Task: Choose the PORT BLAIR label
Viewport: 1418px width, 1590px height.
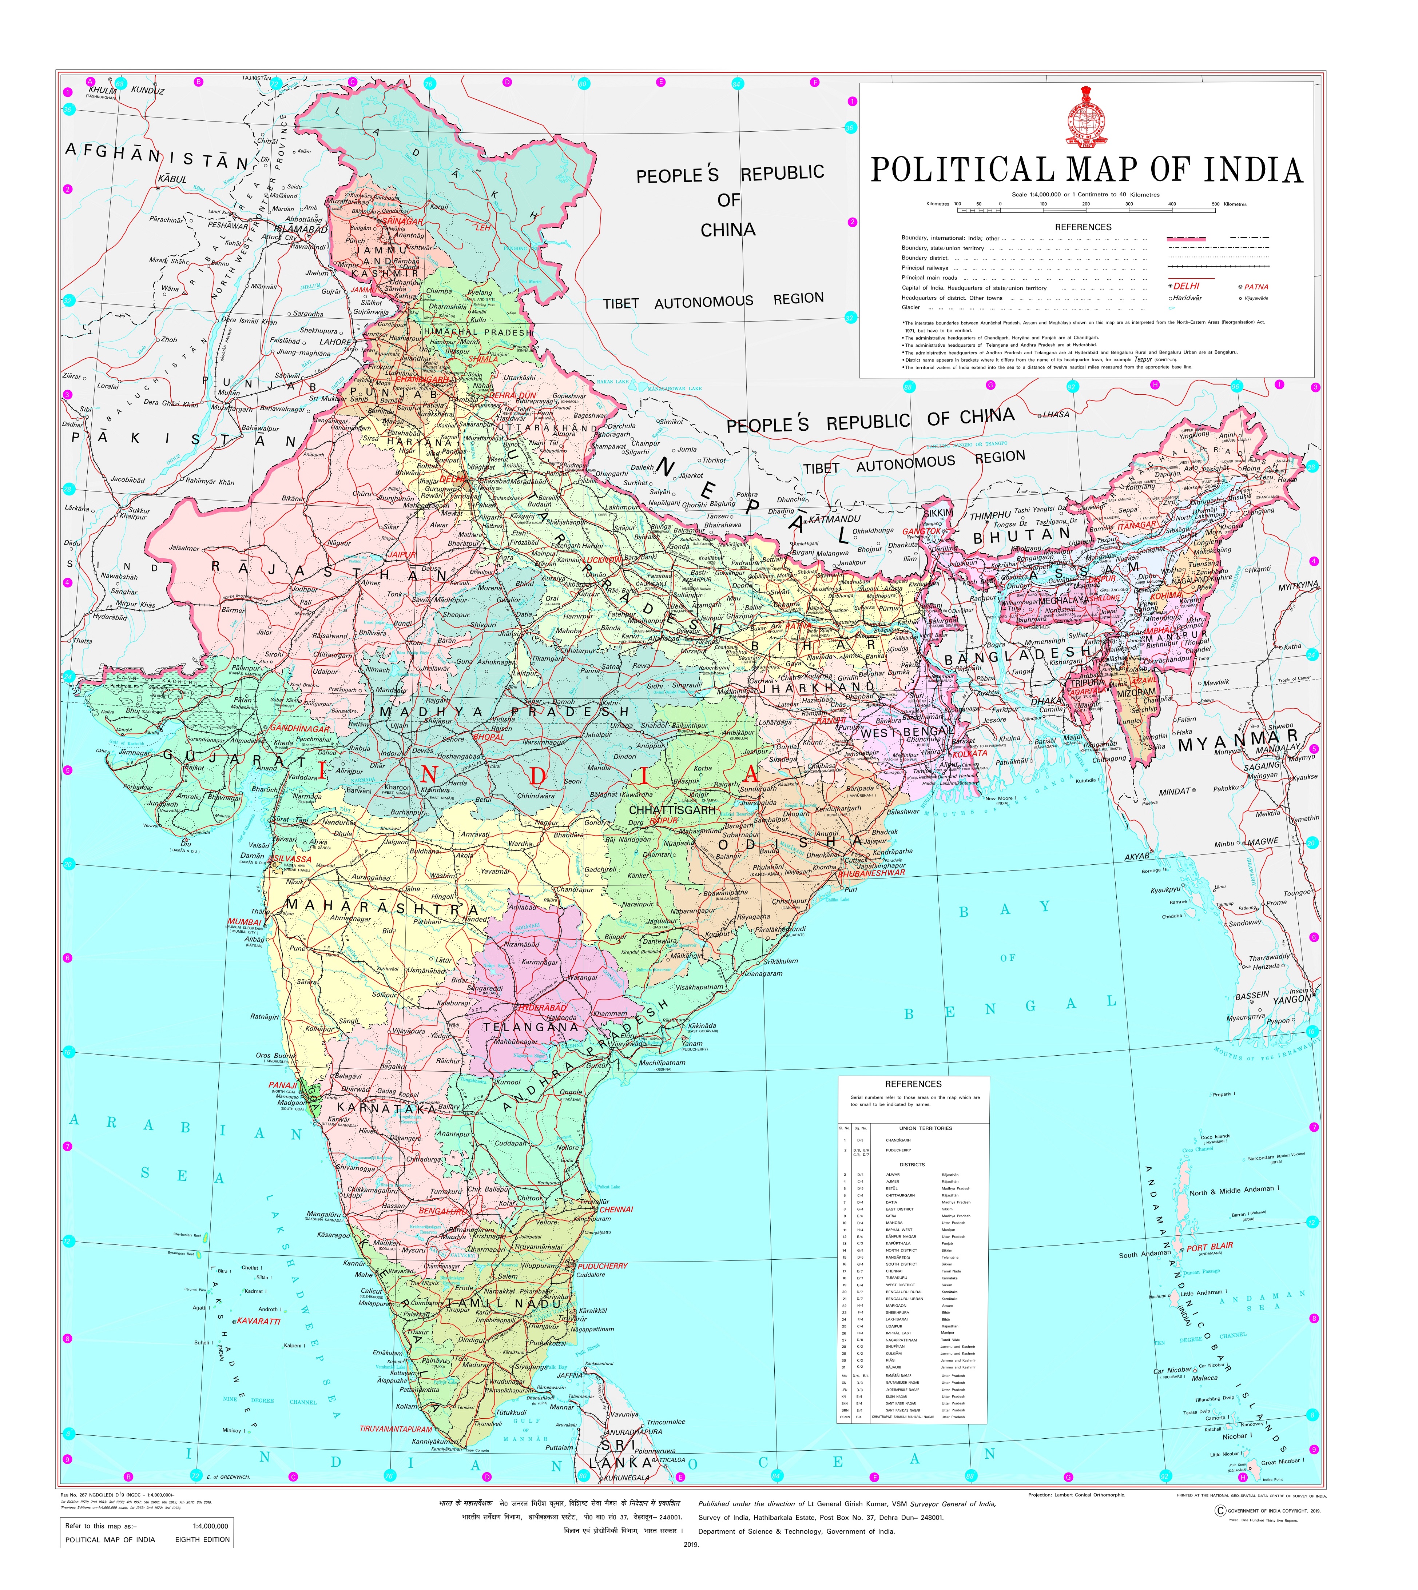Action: point(1210,1246)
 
